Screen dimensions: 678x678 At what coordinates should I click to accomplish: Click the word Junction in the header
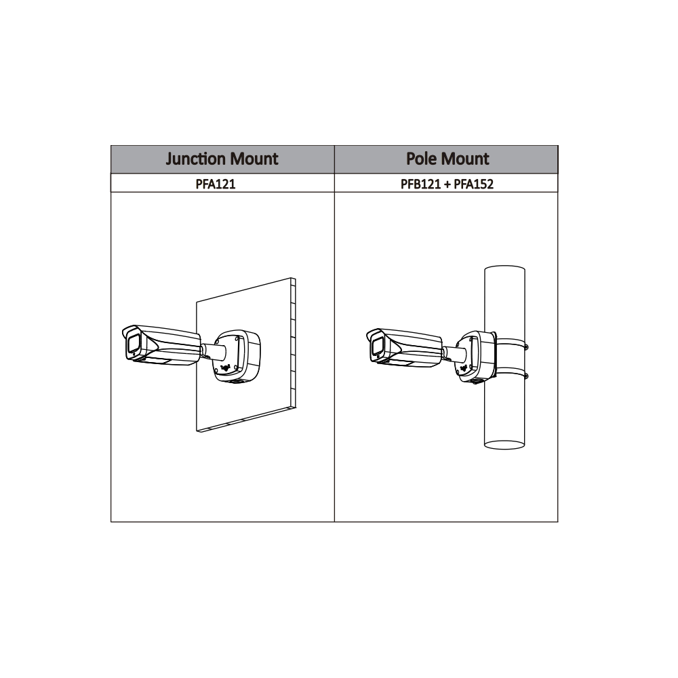point(195,159)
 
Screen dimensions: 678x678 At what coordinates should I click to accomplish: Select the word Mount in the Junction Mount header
point(252,159)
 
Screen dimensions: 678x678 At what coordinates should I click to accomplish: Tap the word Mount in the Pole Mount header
point(465,159)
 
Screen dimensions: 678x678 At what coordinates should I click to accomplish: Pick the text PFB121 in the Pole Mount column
point(420,184)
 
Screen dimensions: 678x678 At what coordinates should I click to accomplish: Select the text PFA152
point(474,184)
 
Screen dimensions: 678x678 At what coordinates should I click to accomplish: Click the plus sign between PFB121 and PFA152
point(447,184)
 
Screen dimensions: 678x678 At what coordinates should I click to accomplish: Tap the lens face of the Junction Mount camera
point(132,345)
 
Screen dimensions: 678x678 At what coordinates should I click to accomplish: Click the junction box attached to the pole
point(477,355)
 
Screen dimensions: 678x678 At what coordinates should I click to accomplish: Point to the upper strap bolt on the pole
point(527,348)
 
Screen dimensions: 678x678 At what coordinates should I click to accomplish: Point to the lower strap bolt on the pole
point(527,375)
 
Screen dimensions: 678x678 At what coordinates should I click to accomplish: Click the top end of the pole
point(504,270)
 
